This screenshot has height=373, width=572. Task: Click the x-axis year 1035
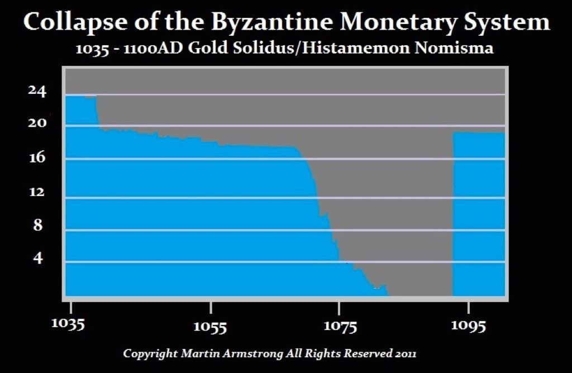pos(71,325)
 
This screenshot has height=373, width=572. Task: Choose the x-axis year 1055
pos(210,326)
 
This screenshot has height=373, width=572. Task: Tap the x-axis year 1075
pos(340,326)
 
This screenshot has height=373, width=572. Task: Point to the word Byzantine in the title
pos(261,23)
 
